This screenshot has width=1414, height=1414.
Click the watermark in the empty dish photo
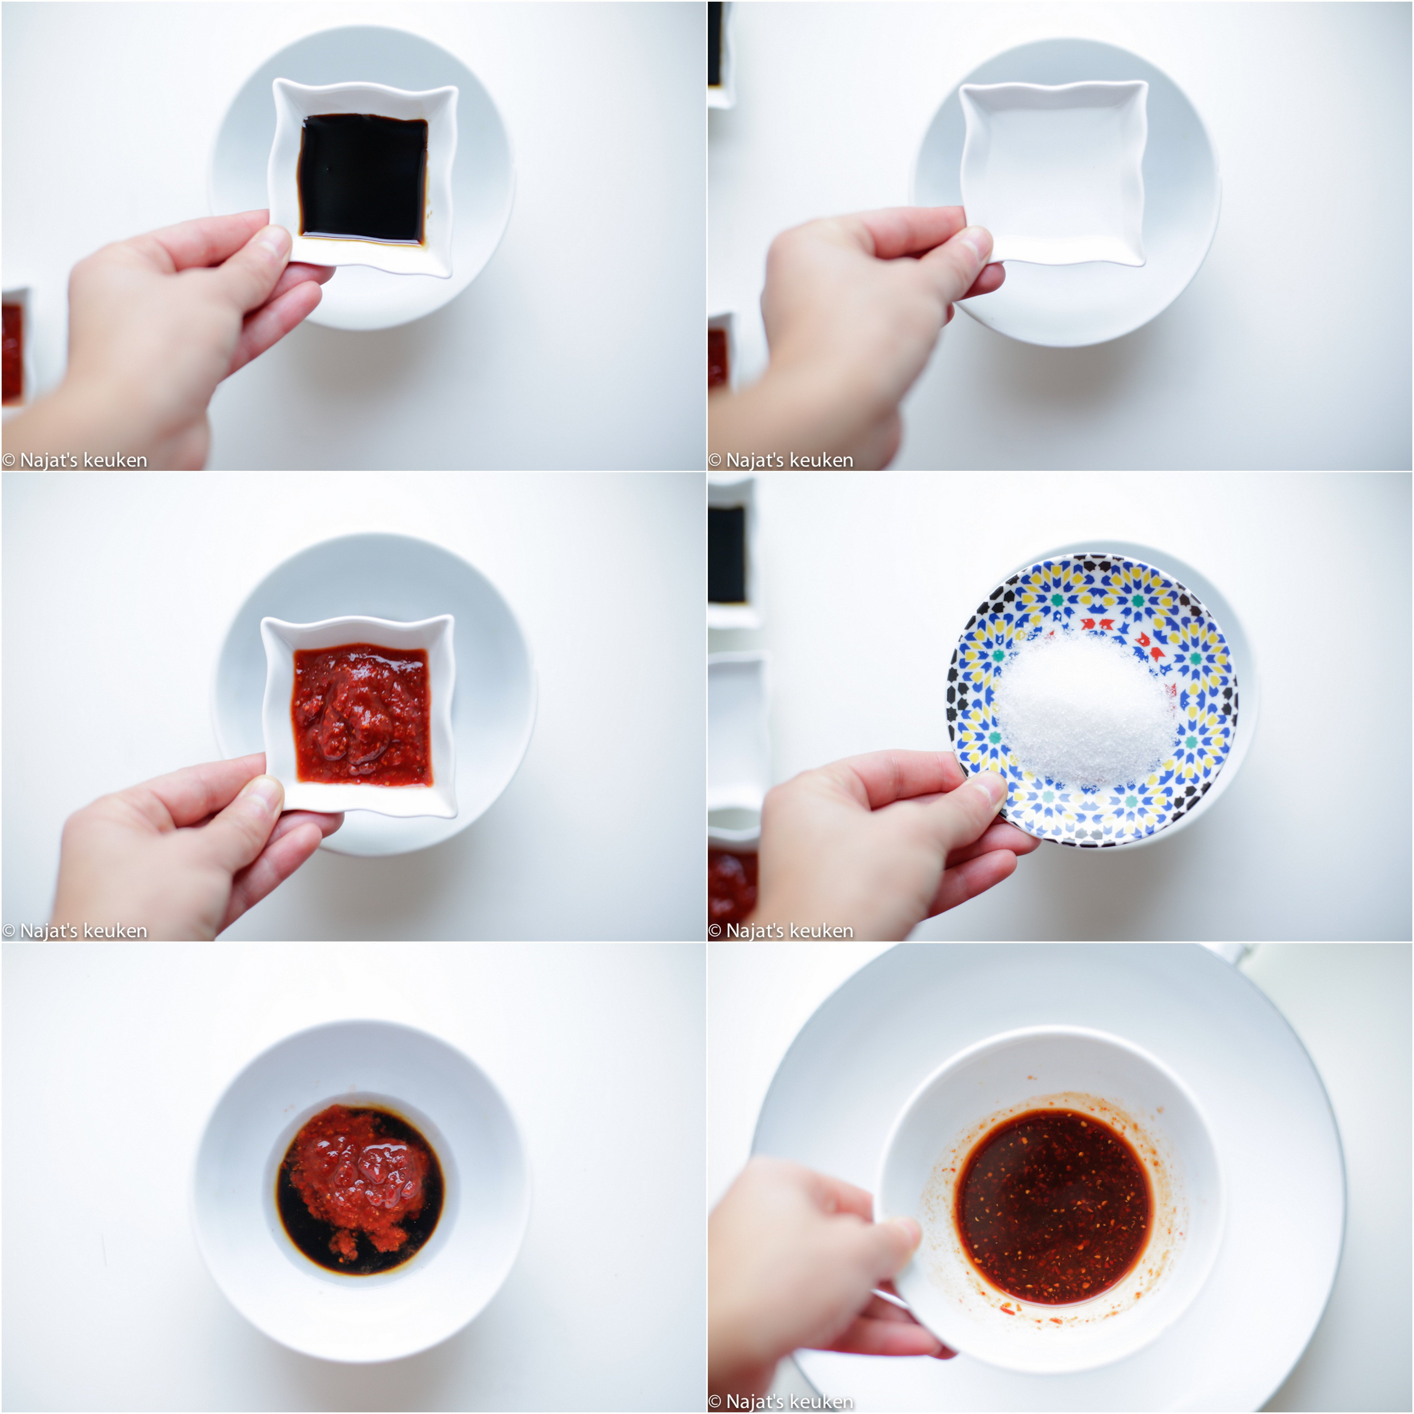pos(781,460)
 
